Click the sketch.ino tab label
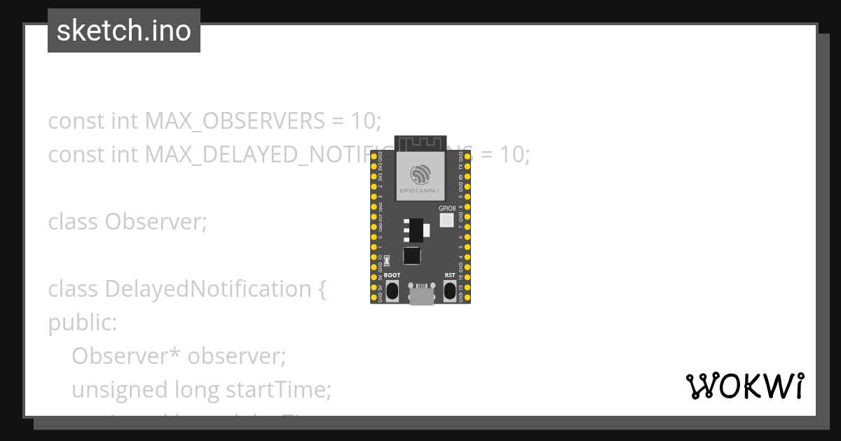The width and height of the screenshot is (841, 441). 123,31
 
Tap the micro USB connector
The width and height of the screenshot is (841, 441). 420,295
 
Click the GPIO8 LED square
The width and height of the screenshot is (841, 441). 447,220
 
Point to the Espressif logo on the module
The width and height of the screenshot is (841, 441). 420,173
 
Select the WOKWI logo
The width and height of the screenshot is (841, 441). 745,386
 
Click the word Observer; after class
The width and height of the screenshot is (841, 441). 156,222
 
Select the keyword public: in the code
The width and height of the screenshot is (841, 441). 83,323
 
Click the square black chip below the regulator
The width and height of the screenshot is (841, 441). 412,256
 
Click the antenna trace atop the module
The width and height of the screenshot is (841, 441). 420,143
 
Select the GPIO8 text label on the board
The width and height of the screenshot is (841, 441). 447,208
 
